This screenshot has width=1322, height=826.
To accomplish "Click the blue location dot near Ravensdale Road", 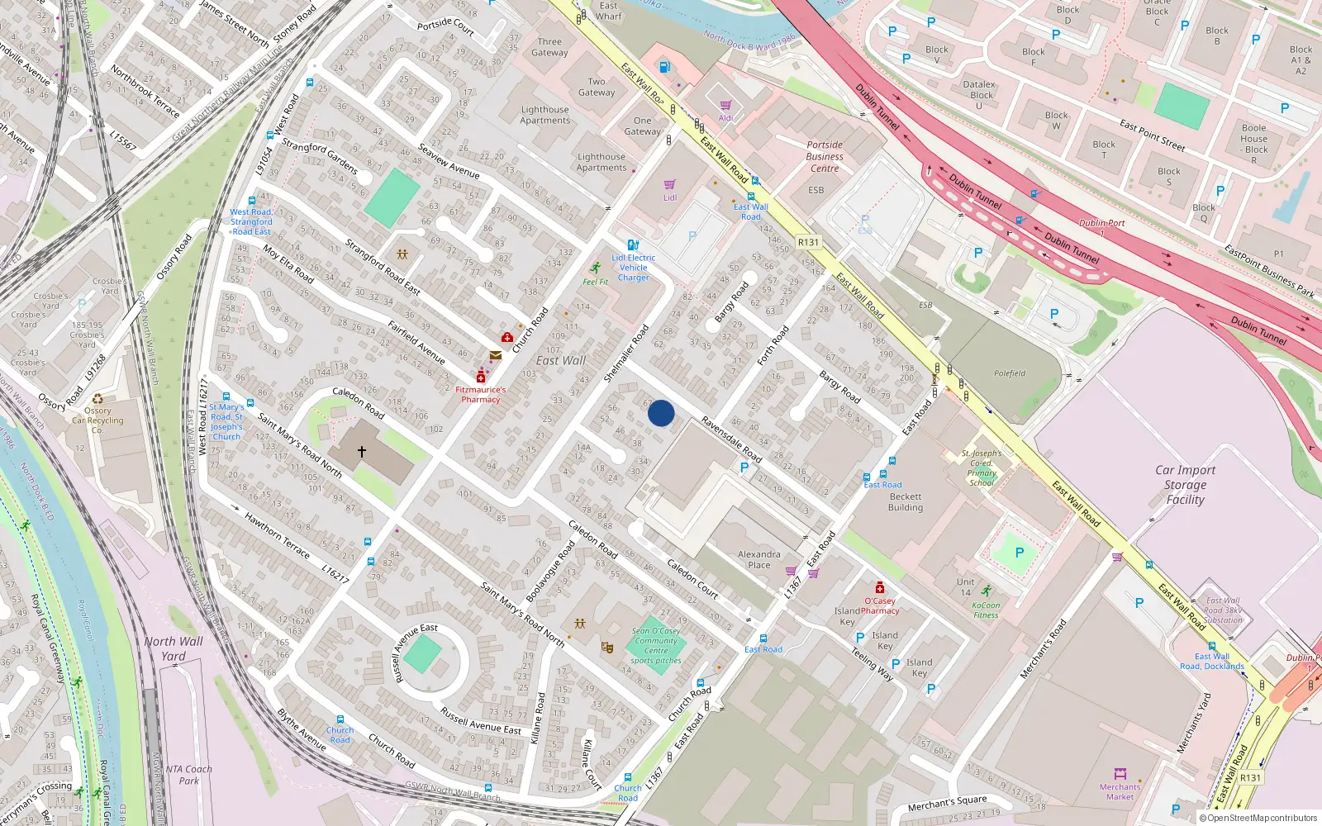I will point(661,413).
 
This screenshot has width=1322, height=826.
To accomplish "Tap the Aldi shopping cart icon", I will point(725,106).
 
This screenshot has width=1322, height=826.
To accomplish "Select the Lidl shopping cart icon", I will point(669,184).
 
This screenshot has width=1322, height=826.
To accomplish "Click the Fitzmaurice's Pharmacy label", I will point(480,394).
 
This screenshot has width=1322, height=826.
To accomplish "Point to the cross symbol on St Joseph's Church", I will point(361,452).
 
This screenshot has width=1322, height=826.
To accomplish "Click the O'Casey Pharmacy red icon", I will point(880,587).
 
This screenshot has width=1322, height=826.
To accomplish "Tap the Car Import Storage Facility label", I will point(1185,484).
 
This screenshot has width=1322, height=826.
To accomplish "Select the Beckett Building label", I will point(905,502).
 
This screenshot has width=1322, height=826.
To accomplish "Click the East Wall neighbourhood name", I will point(560,360).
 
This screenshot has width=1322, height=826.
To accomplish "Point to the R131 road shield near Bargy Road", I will point(808,242).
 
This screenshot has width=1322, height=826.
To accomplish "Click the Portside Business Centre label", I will point(824,156).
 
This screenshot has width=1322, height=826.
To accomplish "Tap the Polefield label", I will point(1009,373).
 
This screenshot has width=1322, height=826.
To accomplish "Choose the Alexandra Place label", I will point(758,559).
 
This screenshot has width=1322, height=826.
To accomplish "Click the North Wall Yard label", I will point(174,648).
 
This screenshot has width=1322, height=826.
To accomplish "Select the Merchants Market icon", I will point(1120,774).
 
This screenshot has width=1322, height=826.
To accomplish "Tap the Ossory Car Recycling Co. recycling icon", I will point(97,398).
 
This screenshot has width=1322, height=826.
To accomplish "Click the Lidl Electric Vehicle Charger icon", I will point(633,244).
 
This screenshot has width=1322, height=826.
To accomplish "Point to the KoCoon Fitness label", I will point(986,610).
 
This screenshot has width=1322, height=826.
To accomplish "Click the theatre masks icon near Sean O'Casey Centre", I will point(607,648).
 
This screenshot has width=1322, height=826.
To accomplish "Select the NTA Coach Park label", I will point(188,774).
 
